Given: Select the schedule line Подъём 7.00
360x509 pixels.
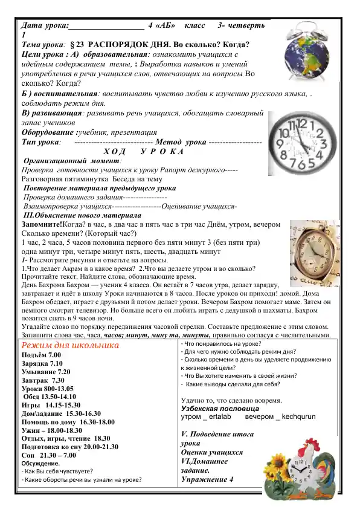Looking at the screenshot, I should coord(41,355).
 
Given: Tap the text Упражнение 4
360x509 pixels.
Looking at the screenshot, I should coord(207,479).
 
